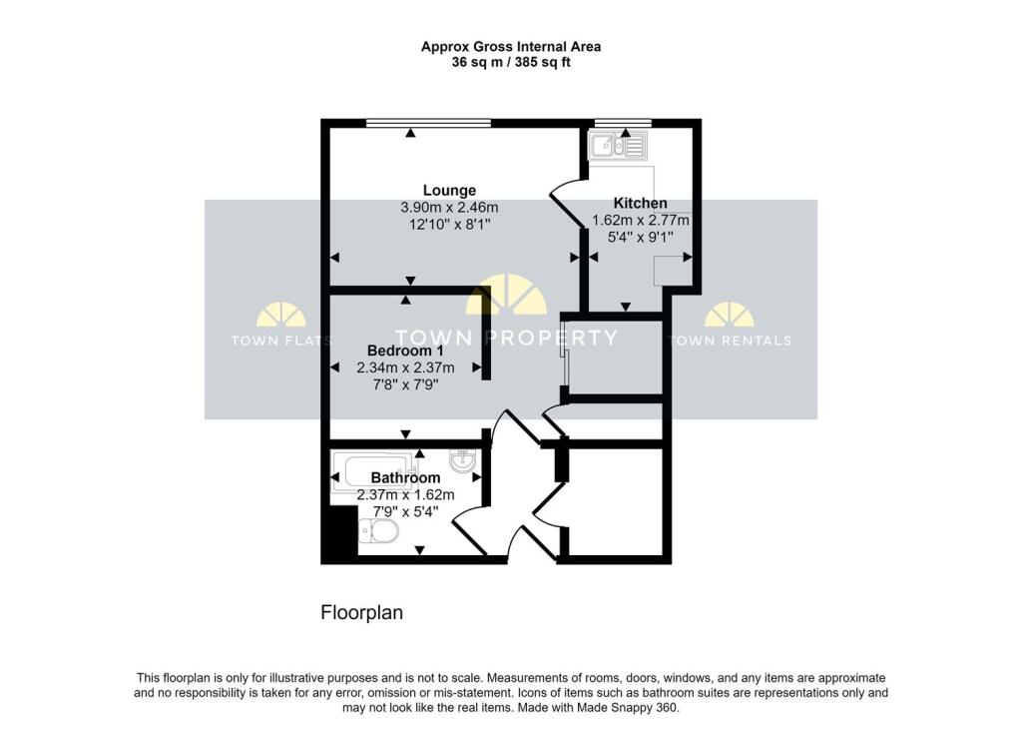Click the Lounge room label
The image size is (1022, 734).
tap(449, 190)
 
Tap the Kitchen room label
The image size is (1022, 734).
tap(640, 203)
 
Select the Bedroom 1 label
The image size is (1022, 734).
tap(405, 352)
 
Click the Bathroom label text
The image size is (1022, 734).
tap(405, 478)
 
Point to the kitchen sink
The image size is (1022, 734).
tap(618, 148)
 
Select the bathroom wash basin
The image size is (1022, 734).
tap(464, 460)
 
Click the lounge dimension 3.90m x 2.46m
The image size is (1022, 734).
tap(449, 208)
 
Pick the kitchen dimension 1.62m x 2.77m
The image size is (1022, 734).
tap(641, 221)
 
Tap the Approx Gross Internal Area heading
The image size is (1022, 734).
tap(510, 46)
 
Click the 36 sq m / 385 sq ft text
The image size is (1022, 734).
tap(510, 62)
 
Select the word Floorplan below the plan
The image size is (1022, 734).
tap(361, 613)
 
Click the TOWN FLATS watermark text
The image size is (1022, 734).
tap(281, 341)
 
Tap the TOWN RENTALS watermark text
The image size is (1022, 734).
tap(730, 341)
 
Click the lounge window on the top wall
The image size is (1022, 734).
tap(428, 123)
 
